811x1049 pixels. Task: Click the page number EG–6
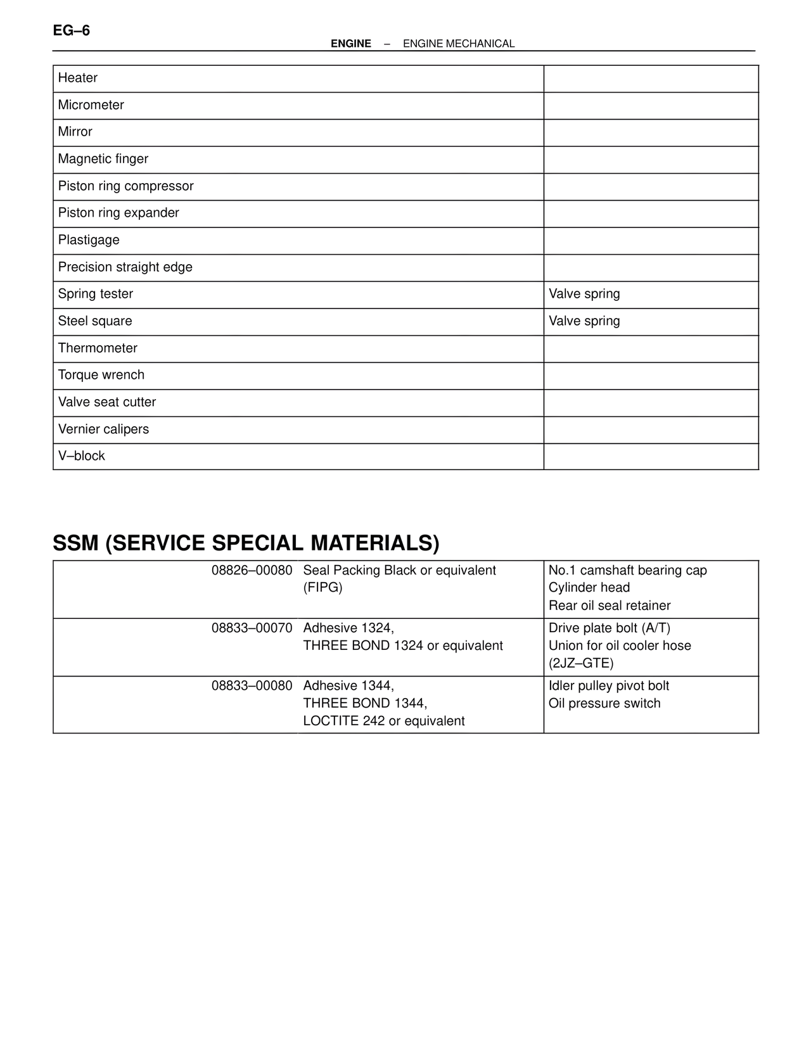tap(71, 30)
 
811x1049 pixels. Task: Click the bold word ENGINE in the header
tap(350, 44)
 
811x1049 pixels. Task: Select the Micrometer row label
tap(91, 105)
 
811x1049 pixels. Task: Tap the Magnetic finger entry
tap(103, 159)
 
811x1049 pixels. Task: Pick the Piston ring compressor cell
tap(125, 186)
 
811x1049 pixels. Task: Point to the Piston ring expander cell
tap(118, 213)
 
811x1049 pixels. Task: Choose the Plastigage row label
tap(89, 240)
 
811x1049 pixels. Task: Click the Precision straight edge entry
tap(125, 267)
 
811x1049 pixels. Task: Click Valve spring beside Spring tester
tap(584, 294)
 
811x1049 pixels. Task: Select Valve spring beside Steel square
tap(584, 321)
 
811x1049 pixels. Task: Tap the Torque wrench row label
tap(101, 375)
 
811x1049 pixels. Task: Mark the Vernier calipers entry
tap(103, 429)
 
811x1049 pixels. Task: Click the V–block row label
tap(81, 456)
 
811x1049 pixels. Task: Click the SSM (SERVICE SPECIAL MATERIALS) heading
tap(246, 544)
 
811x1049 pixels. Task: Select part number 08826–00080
tap(252, 571)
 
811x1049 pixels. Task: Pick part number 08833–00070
tap(252, 628)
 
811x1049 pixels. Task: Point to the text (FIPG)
tap(322, 588)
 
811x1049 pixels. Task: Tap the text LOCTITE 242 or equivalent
tap(383, 722)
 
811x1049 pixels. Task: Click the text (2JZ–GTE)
tap(580, 664)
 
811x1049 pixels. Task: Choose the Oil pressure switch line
tap(604, 704)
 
